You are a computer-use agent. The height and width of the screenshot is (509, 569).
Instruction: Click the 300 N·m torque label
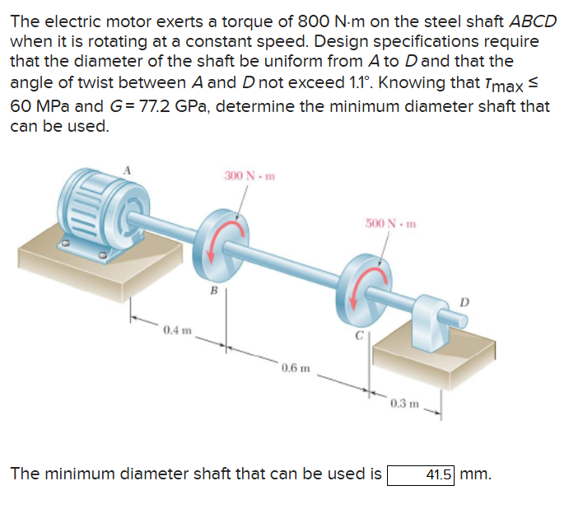(x=249, y=175)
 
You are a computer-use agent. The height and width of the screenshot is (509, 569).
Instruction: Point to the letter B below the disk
(x=212, y=290)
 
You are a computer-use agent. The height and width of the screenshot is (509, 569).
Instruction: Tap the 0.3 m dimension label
(x=407, y=404)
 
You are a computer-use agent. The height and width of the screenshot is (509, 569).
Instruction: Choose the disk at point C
(x=363, y=289)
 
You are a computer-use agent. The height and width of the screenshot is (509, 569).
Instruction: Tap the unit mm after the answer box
(x=476, y=475)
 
